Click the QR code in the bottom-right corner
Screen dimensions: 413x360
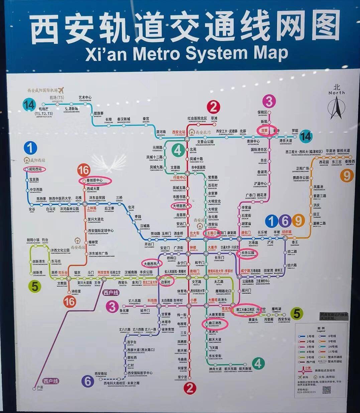pos(326,389)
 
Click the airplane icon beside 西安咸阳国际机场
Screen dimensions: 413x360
pos(61,90)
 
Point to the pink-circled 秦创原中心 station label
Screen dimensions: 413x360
pos(95,181)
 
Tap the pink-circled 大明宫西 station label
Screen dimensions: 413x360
pos(182,206)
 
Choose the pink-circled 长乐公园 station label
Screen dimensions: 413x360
pos(248,253)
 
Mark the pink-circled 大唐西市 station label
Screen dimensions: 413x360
pos(150,264)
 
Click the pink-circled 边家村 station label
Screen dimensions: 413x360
pos(166,282)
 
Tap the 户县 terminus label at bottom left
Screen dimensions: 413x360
pos(40,387)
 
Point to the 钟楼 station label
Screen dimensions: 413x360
pos(193,248)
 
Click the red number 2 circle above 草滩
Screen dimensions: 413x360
pos(213,107)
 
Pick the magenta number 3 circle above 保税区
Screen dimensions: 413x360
pos(269,101)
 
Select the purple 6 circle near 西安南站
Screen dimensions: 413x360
pos(88,381)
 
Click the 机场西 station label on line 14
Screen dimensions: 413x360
pos(44,109)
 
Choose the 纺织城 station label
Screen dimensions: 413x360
pos(286,232)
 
